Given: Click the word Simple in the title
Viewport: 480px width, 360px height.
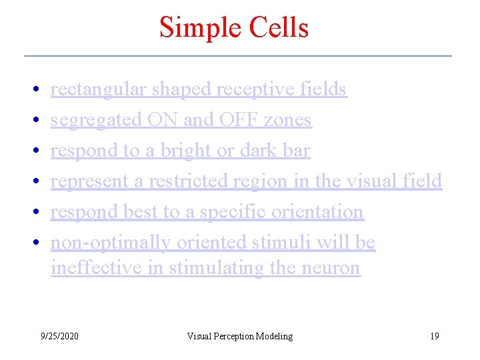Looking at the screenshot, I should click(197, 28).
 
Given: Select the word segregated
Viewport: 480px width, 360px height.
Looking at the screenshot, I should click(97, 121).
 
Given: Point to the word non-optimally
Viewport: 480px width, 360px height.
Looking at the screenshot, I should click(111, 243).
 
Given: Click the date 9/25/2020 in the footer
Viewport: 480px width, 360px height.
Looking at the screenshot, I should click(59, 336).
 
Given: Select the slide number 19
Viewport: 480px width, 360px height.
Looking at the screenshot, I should click(434, 336).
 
